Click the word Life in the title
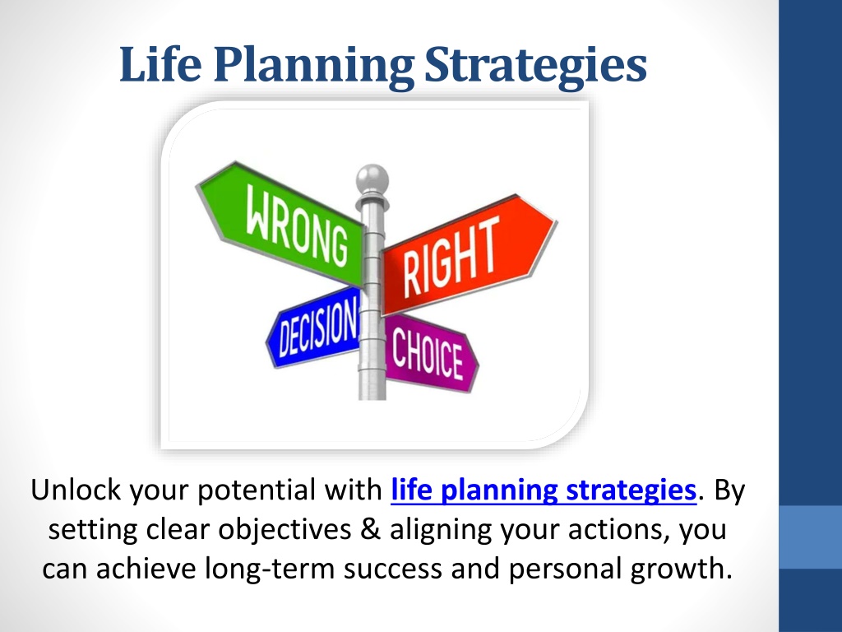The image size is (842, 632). (x=160, y=64)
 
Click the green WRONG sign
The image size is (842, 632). (x=281, y=222)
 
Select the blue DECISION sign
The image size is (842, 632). (x=314, y=328)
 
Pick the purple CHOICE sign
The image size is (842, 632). (x=431, y=352)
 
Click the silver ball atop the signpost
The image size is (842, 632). (x=372, y=178)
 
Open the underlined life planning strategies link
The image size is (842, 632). (x=544, y=490)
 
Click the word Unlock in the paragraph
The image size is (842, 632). (x=76, y=490)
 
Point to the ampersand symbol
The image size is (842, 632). (x=370, y=529)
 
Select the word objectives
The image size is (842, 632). (x=285, y=530)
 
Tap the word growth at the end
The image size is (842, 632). (x=682, y=569)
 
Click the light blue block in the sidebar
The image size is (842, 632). (x=810, y=537)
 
